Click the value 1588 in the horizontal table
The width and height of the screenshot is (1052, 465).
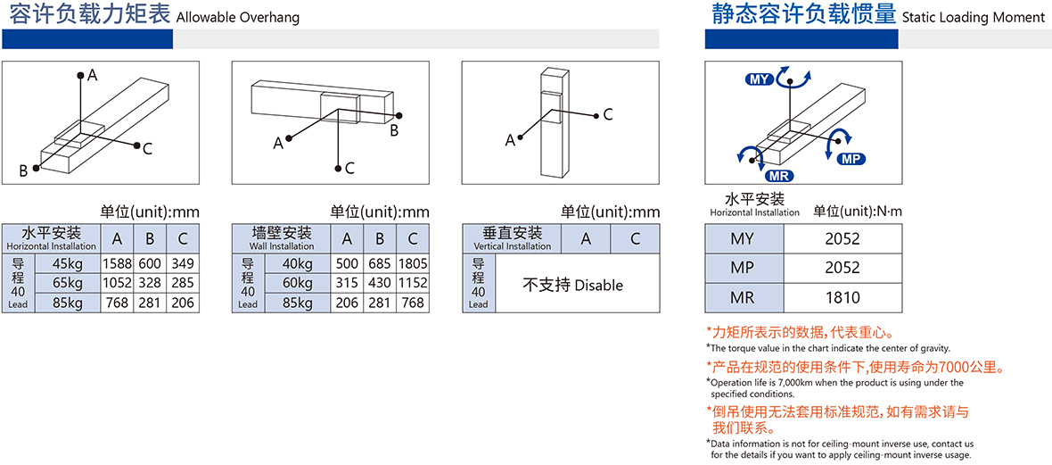tap(118, 263)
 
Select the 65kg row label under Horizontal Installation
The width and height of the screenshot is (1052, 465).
tap(67, 283)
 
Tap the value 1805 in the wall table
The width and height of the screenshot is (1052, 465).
tap(413, 263)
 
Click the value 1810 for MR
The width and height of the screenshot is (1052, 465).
tap(842, 297)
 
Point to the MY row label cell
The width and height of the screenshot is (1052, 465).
tap(744, 238)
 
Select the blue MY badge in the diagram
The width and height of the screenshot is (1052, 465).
tap(760, 80)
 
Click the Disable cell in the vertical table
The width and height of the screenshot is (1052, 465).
tap(572, 285)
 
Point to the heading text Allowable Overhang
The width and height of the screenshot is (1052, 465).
tap(237, 18)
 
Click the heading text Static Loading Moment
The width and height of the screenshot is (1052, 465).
tap(974, 18)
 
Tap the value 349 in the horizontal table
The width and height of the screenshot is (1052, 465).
tap(179, 263)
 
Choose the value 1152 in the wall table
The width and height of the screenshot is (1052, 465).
tap(413, 283)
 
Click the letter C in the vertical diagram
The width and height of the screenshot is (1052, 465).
tap(608, 114)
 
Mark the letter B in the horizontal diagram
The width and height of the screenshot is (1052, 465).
tap(23, 171)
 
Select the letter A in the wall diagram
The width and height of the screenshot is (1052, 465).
tap(278, 143)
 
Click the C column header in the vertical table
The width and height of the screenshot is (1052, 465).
tap(635, 238)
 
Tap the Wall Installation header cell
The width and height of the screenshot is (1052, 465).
tap(281, 238)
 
